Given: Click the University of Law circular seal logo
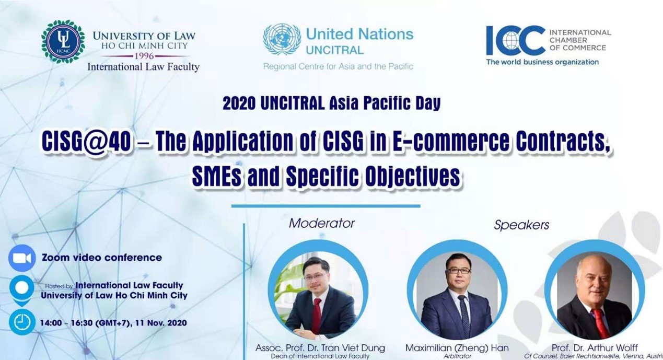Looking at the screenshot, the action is tap(63, 41).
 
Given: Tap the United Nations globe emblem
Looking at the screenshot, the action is tap(282, 39).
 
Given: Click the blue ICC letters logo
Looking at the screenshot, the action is tap(516, 41).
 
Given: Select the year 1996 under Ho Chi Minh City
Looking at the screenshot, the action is tap(144, 56).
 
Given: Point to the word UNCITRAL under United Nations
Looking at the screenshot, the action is tap(335, 50).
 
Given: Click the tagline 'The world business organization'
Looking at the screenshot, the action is tap(542, 62).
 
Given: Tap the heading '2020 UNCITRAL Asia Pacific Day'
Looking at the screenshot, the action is tap(331, 103).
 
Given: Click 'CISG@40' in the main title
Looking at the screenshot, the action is tap(86, 141).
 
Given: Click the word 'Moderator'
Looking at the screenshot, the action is tap(322, 224).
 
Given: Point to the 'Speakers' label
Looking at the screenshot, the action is tap(521, 225).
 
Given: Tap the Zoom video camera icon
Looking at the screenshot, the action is tap(22, 258).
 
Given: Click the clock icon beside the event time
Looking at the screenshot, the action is tap(22, 322).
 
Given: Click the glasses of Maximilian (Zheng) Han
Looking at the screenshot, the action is tap(458, 271).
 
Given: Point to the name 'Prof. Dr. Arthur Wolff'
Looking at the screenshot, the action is tap(595, 347).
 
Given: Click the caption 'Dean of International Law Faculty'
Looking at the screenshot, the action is tap(320, 356).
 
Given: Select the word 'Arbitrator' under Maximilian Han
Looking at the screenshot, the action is tap(457, 356).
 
